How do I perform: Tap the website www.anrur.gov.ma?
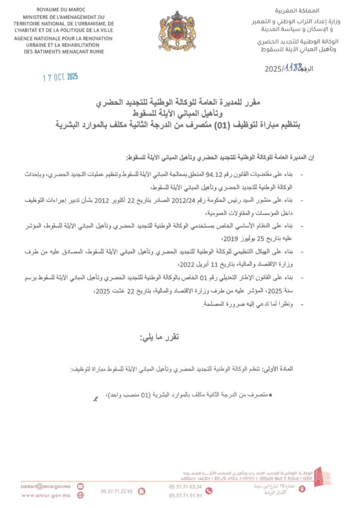45,495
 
